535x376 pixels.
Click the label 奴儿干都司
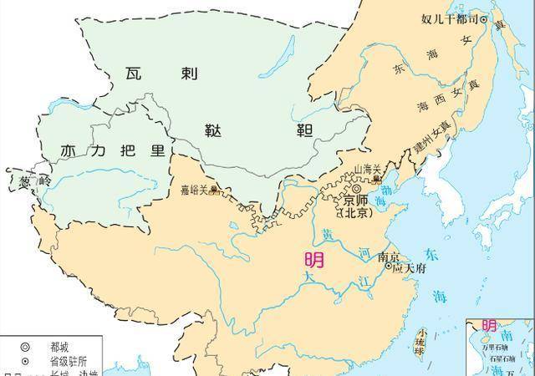(x=448, y=18)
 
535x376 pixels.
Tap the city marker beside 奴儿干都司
(x=482, y=19)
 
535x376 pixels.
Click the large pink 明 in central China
(x=316, y=260)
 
